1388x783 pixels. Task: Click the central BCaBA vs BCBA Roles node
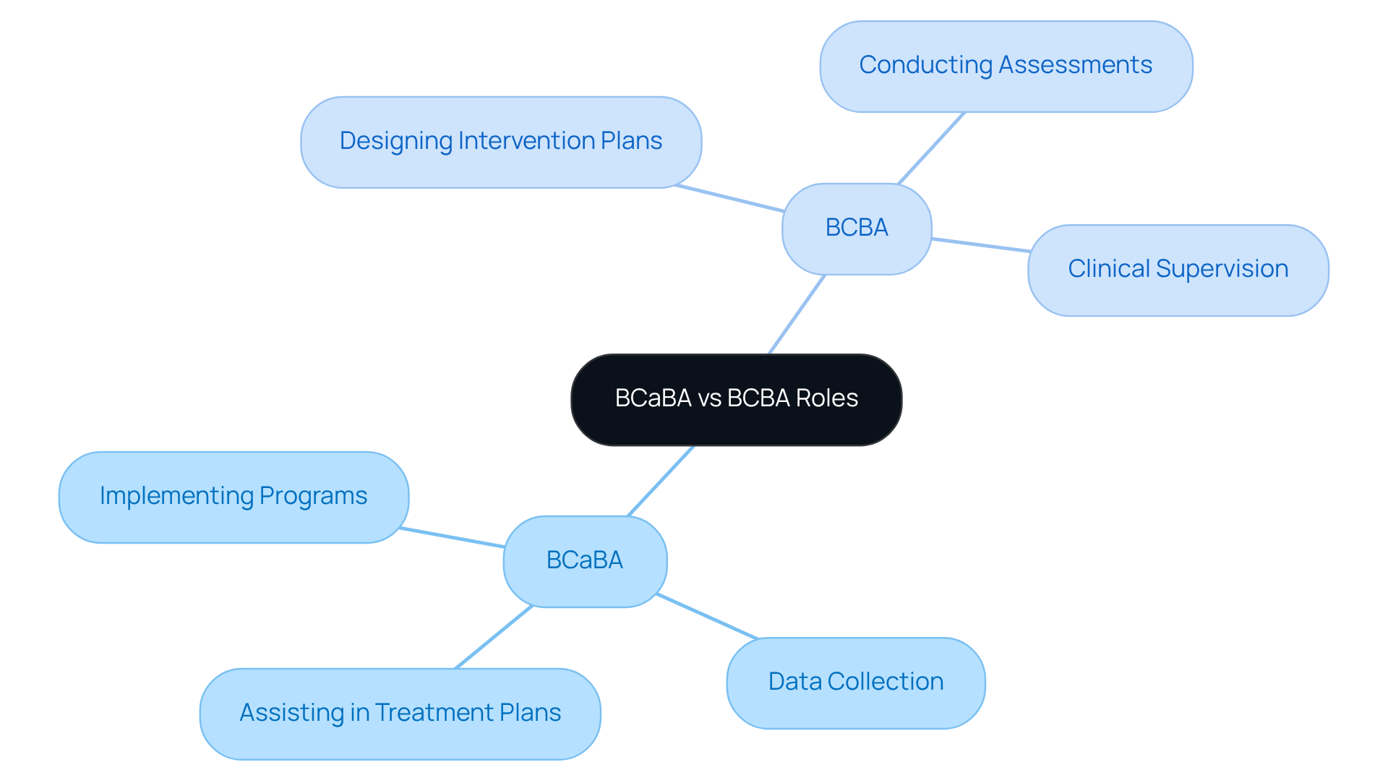coord(736,399)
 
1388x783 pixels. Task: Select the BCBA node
coord(857,228)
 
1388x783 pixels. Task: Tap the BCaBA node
coord(585,561)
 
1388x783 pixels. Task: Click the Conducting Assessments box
coord(1006,66)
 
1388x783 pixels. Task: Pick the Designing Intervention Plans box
coord(500,142)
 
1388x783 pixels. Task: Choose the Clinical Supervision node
coord(1178,270)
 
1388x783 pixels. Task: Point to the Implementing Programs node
coord(234,497)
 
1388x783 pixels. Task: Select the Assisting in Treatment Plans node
coord(400,714)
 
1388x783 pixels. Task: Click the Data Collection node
coord(855,683)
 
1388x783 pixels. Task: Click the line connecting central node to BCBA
coord(797,315)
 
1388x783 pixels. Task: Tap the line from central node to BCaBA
coord(661,481)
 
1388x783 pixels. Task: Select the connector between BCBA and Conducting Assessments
coord(931,148)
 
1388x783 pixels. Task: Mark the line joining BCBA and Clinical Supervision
coord(980,245)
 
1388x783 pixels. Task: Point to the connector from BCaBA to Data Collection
coord(707,617)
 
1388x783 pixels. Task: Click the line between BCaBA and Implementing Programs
coord(452,537)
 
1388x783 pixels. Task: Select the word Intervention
coord(517,141)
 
